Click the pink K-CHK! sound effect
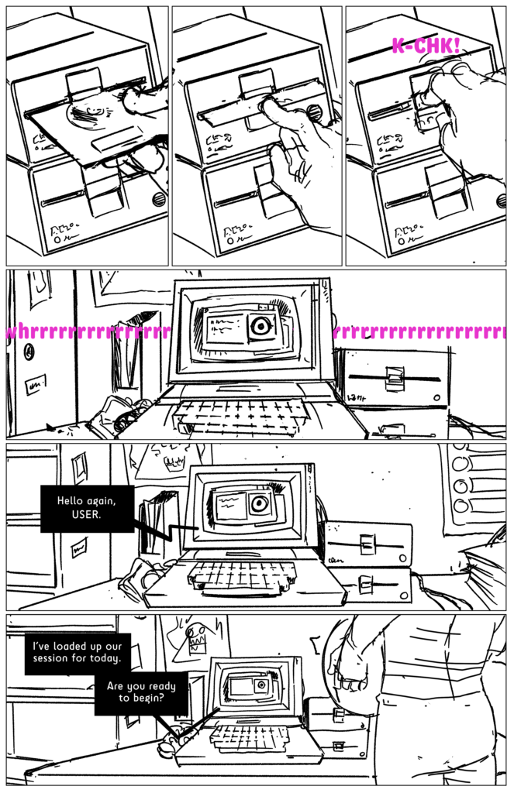pos(426,46)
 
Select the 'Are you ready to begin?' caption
pos(141,692)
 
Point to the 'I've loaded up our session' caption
pos(77,652)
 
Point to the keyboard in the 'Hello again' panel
pos(241,577)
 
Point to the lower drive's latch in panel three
pos(443,191)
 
